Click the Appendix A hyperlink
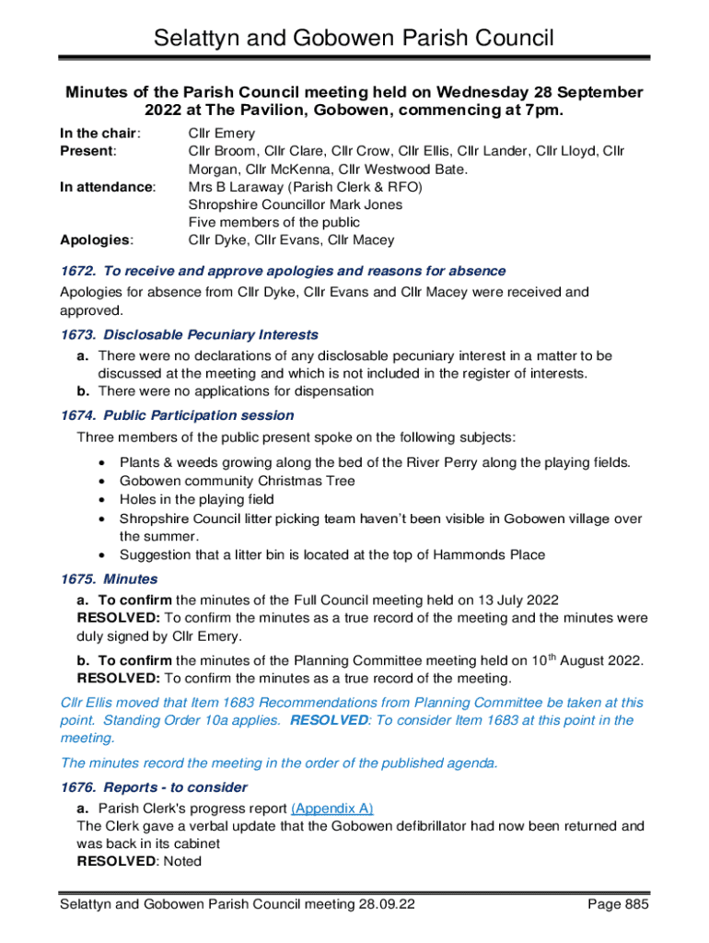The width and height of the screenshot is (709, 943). [331, 809]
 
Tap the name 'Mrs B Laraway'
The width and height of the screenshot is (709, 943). [237, 187]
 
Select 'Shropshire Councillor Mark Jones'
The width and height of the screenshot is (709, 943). [296, 204]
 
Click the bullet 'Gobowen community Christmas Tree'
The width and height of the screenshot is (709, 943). [238, 481]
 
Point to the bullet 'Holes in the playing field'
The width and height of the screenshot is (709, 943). [197, 499]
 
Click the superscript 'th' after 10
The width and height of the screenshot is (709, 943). [552, 656]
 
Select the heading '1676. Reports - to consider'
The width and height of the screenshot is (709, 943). [154, 787]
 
